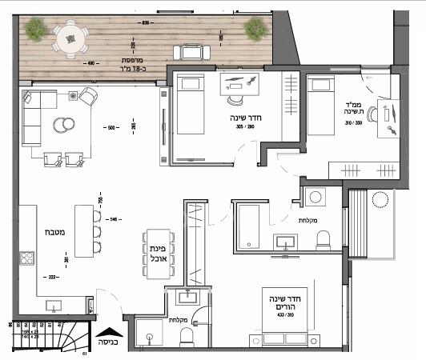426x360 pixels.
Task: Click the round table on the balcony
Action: (69, 36)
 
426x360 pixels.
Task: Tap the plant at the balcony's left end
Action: (35, 30)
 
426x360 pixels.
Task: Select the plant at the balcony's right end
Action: (255, 30)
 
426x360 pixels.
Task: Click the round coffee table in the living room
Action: (62, 124)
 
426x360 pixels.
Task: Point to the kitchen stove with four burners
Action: (26, 258)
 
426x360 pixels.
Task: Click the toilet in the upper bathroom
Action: (324, 239)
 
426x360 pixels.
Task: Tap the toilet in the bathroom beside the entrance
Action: (187, 338)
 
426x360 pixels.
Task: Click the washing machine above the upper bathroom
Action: (314, 197)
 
